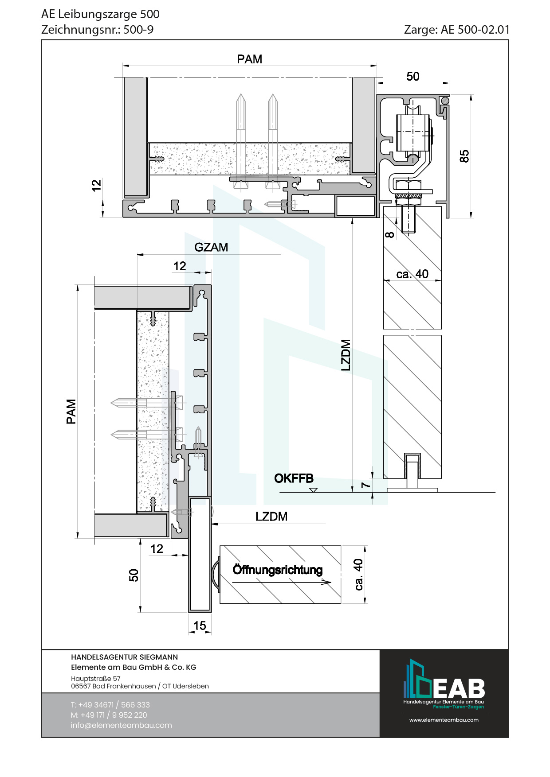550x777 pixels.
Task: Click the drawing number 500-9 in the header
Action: tap(138, 30)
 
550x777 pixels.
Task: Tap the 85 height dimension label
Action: tap(464, 156)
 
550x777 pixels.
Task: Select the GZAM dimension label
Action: tap(211, 247)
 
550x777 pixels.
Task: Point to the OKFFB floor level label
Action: tap(294, 478)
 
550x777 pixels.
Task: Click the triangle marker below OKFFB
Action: tap(314, 490)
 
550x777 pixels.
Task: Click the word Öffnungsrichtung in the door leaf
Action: tap(278, 570)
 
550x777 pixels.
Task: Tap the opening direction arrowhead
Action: tap(326, 582)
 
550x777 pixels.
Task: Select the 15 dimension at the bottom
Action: tap(200, 625)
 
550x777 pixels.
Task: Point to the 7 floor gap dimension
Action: tap(365, 485)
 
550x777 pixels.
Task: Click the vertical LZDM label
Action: tap(346, 355)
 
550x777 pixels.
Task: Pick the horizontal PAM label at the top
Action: tap(249, 59)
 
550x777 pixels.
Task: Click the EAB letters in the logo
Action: tap(459, 688)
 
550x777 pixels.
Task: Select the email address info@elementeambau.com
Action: tap(121, 725)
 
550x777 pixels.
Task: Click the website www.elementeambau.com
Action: tap(444, 720)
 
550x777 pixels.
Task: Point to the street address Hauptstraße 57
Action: tap(95, 678)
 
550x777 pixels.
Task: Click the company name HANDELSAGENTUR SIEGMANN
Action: tap(124, 657)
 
